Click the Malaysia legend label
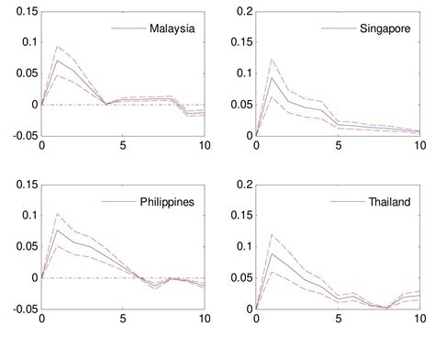click(x=172, y=28)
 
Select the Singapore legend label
click(x=385, y=28)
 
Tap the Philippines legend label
click(x=166, y=201)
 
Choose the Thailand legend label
click(x=388, y=201)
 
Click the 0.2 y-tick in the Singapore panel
click(x=243, y=11)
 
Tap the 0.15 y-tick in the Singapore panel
click(x=240, y=42)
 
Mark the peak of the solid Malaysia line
click(x=58, y=61)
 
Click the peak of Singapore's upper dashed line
click(x=272, y=59)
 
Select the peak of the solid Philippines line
click(x=58, y=230)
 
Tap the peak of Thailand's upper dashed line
click(x=272, y=234)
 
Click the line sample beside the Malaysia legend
click(x=128, y=28)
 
